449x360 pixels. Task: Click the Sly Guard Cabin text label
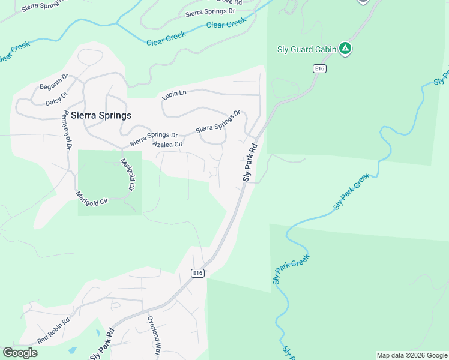click(306, 49)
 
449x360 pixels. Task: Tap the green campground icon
click(345, 49)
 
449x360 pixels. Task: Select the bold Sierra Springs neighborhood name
click(101, 115)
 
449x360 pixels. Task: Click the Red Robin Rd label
click(53, 331)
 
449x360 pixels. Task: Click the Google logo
click(20, 353)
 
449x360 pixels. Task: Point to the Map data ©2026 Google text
click(412, 355)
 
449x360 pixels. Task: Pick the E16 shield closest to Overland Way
click(198, 273)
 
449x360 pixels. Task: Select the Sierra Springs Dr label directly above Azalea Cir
click(154, 139)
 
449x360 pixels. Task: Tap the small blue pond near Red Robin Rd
click(73, 349)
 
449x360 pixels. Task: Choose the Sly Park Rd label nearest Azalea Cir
click(250, 162)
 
